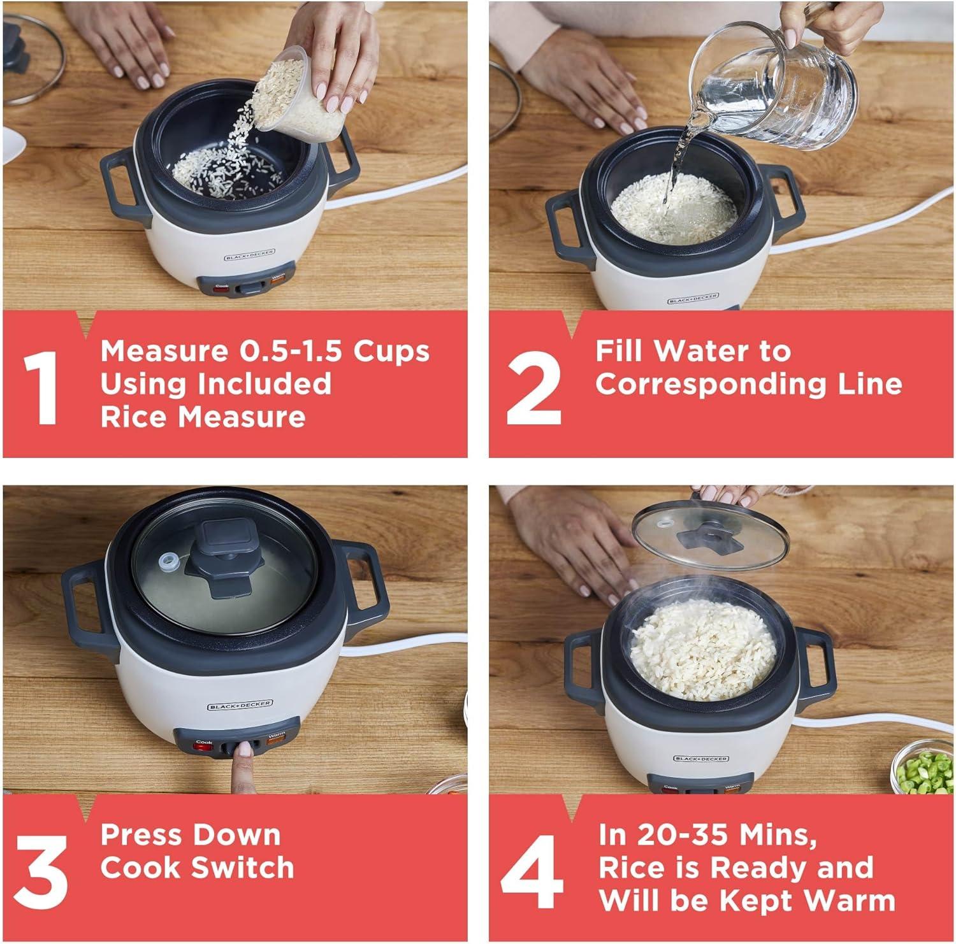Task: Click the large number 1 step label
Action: click(41, 387)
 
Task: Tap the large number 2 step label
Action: click(534, 387)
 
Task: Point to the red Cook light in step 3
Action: click(203, 746)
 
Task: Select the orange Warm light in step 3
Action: click(275, 740)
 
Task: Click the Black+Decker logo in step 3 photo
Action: click(240, 705)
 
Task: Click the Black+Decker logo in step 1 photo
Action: click(250, 255)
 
